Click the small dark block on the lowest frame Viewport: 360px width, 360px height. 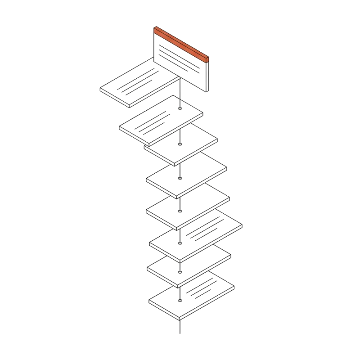click(235, 288)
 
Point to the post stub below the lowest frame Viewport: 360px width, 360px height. click(180, 327)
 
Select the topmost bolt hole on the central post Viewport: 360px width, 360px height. click(180, 108)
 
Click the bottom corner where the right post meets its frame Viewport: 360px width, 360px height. click(208, 91)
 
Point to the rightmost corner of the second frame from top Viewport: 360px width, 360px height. click(203, 115)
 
